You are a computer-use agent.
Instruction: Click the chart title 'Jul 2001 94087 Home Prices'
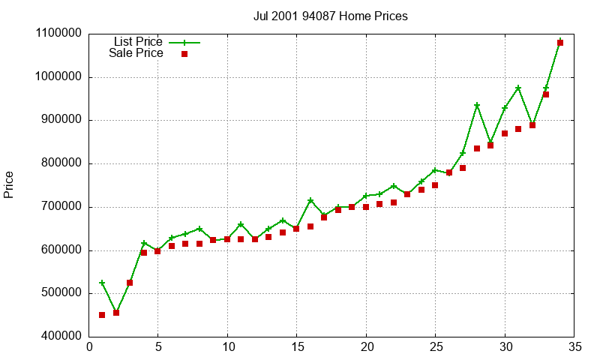click(x=331, y=16)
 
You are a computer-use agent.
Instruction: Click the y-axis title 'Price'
click(x=9, y=184)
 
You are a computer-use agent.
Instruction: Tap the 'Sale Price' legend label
click(x=136, y=53)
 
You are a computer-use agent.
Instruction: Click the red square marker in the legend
click(x=184, y=54)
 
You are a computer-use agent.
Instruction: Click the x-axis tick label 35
click(x=574, y=347)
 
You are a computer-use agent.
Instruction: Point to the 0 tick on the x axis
click(x=89, y=347)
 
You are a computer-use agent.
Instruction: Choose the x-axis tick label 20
click(x=366, y=347)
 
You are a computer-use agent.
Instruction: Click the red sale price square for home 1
click(x=102, y=315)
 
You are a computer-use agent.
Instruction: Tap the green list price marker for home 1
click(x=102, y=283)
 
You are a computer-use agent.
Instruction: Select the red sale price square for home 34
click(x=560, y=43)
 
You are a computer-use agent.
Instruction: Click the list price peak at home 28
click(x=477, y=105)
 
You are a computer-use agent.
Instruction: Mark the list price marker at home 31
click(x=518, y=88)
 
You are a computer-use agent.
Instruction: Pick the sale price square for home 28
click(x=477, y=148)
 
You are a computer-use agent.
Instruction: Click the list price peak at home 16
click(x=310, y=200)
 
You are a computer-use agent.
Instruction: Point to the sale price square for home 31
click(x=518, y=129)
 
